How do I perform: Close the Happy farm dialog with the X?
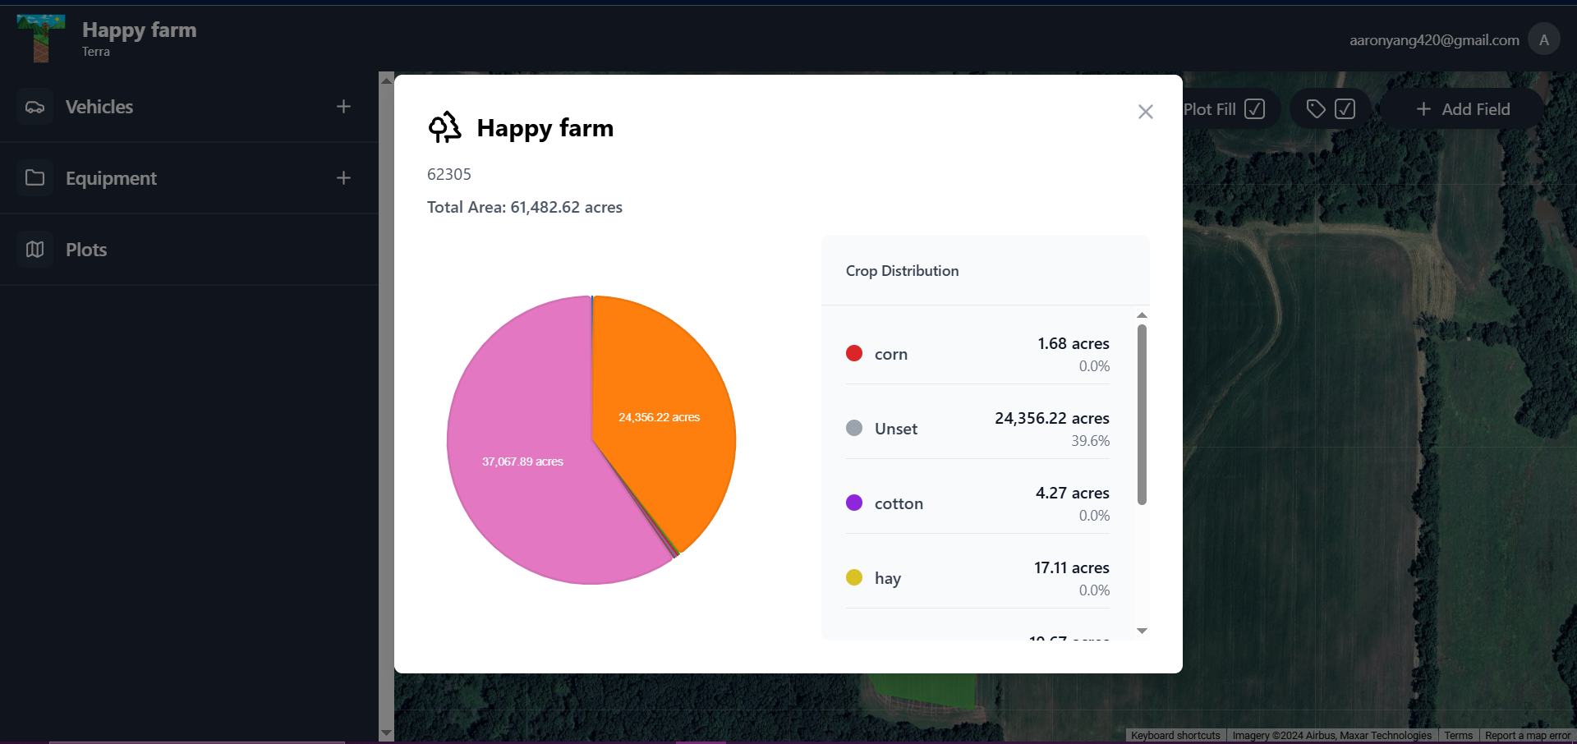pos(1145,112)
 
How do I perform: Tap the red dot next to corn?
pos(854,353)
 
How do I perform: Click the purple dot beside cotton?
pos(854,503)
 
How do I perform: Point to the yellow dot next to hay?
pos(854,577)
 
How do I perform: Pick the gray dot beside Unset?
pos(854,428)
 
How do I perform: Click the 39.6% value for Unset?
pos(1090,441)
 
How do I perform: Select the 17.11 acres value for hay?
pos(1071,567)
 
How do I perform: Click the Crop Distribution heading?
pos(902,271)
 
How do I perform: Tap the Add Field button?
pos(1463,109)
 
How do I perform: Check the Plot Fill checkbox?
pos(1254,109)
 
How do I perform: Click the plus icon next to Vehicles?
pos(343,107)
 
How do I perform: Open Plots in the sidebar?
pos(86,250)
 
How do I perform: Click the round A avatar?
pos(1543,39)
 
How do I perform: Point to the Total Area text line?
pos(524,207)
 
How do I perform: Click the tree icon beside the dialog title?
pos(444,127)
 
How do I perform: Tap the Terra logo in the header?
pos(40,39)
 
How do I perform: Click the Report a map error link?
pos(1527,736)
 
